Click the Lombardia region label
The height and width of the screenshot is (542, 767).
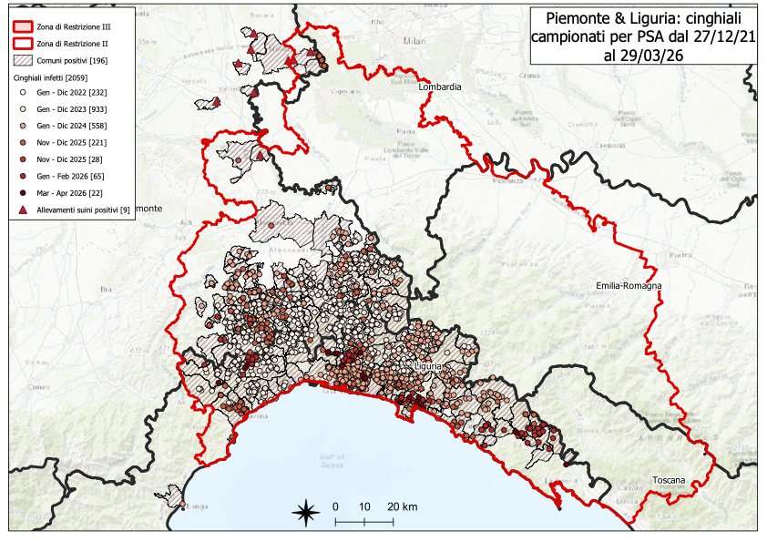pyautogui.click(x=440, y=87)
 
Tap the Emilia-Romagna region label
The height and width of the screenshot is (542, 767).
pyautogui.click(x=629, y=285)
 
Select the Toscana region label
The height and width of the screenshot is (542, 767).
pyautogui.click(x=671, y=479)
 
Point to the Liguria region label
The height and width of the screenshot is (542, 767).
pyautogui.click(x=428, y=365)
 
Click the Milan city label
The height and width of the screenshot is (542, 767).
pyautogui.click(x=415, y=42)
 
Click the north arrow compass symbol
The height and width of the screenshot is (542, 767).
pyautogui.click(x=305, y=512)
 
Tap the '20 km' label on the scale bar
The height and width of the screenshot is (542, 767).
pyautogui.click(x=402, y=506)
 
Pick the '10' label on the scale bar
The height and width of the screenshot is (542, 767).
pyautogui.click(x=365, y=506)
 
